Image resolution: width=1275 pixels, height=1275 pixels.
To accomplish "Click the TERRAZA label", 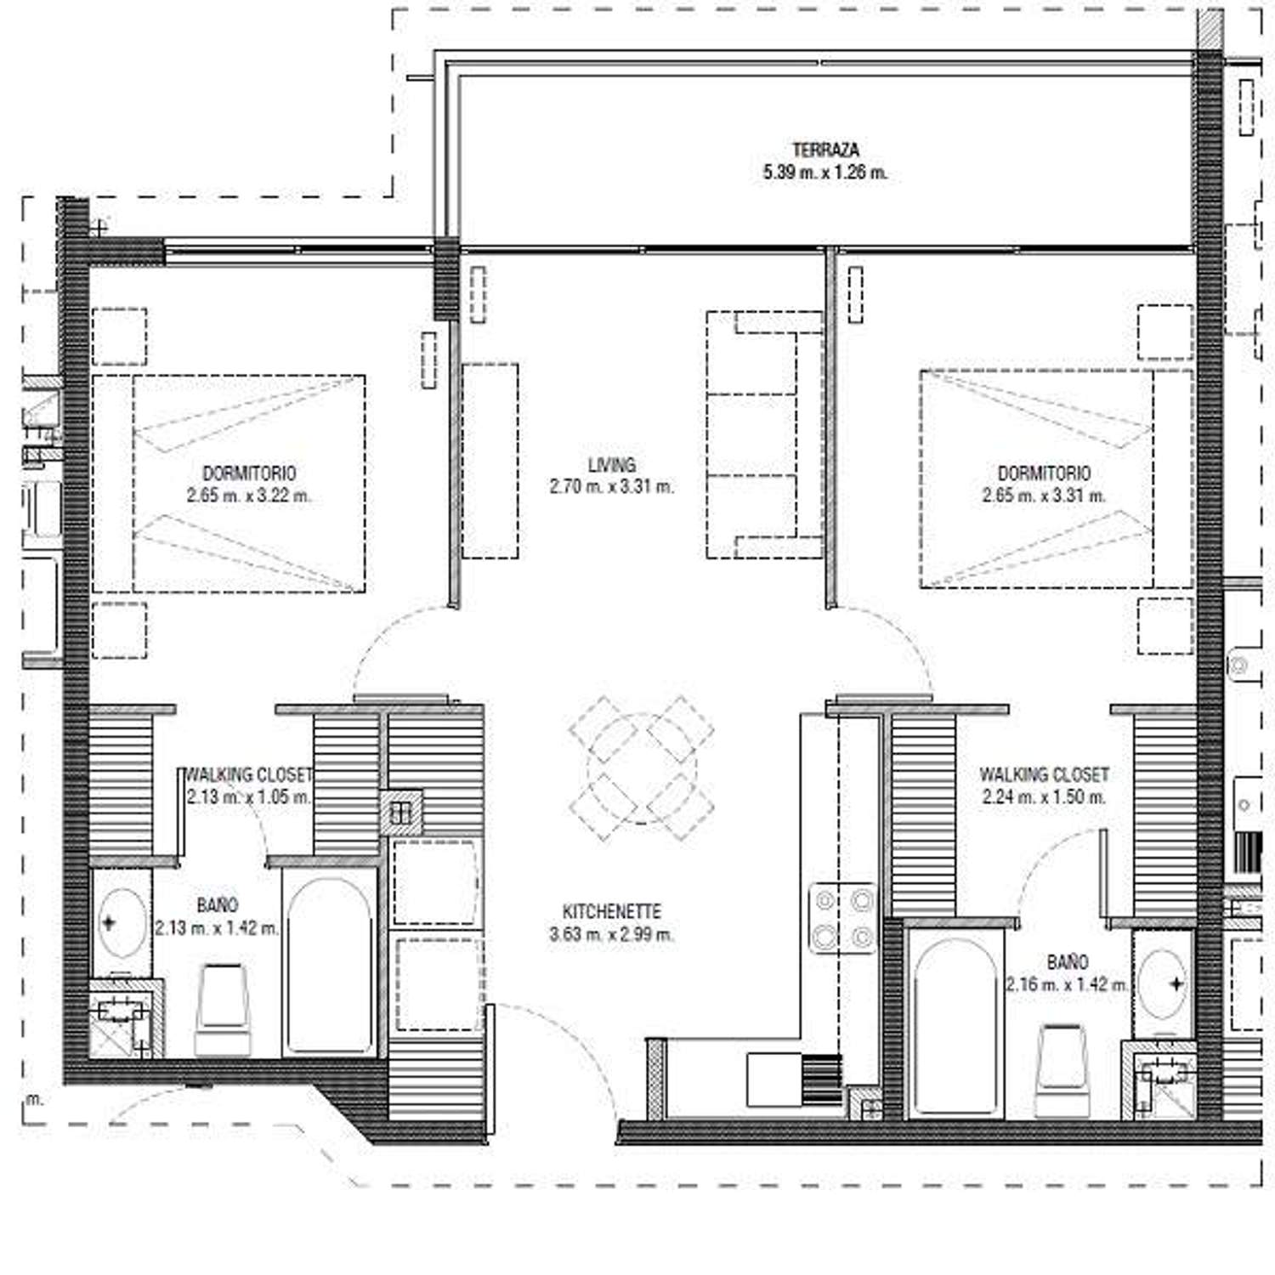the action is pos(825,150).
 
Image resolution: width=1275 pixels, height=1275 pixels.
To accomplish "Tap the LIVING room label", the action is pos(612,465).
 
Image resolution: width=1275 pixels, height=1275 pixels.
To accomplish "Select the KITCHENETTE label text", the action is pos(612,911).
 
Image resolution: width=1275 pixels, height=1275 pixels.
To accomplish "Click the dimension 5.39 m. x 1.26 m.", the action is pos(825,173).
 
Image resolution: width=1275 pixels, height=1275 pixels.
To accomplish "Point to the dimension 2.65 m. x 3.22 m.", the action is pos(249,496).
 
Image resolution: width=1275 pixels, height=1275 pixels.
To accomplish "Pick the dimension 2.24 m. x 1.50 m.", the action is pos(1044,797).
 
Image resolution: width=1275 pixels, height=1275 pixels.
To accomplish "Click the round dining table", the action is pos(642,768).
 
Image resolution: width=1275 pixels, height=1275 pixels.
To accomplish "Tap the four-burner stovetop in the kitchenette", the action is pos(842,918).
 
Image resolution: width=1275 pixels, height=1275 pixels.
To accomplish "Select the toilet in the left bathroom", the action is pos(223,1010).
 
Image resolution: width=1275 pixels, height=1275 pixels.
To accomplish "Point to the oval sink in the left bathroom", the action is pos(122,923).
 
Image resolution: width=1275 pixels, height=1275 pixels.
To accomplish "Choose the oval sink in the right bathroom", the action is pos(1162,983).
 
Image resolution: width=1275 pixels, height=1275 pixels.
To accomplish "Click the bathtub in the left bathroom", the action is pos(330,966).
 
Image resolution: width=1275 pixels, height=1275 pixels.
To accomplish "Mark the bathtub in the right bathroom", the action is pos(956,1023).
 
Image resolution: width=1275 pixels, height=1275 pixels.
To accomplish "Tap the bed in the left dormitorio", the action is pos(229,484).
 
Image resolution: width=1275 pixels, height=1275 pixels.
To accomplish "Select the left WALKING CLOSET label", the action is pos(249,775).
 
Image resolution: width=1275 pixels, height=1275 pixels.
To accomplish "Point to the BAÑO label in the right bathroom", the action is pos(1068,962).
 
